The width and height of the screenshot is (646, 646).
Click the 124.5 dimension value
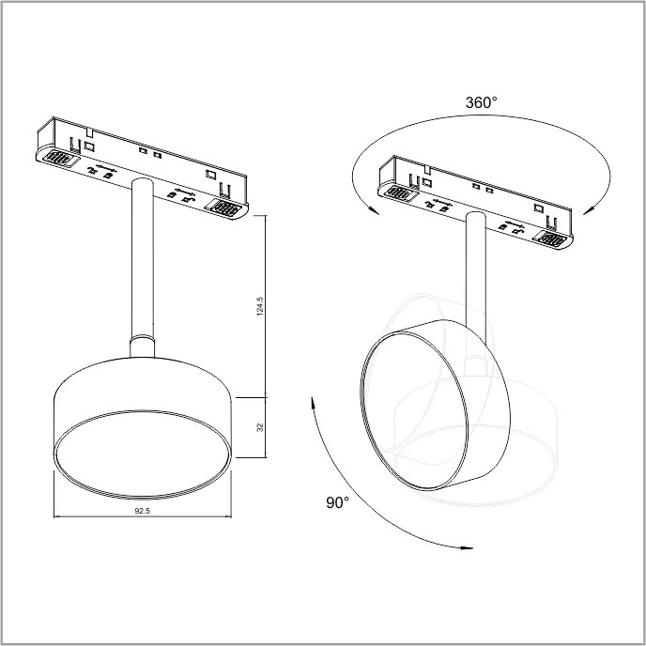(x=259, y=306)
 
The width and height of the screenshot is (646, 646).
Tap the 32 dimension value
(x=260, y=427)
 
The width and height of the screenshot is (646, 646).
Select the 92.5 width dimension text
(x=143, y=511)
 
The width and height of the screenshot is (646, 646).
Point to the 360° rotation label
(x=481, y=102)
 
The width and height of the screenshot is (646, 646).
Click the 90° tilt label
(x=337, y=502)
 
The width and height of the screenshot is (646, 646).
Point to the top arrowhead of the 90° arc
(x=313, y=403)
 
